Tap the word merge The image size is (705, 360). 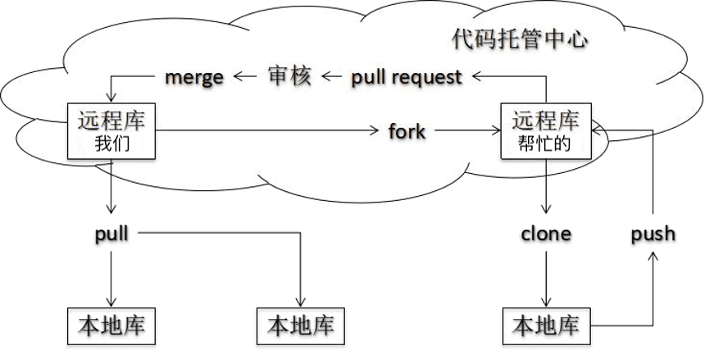click(194, 77)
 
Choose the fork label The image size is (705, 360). click(407, 130)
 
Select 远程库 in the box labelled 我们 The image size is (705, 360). click(112, 122)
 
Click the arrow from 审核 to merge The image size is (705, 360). click(244, 77)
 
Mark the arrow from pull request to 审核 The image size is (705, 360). click(332, 77)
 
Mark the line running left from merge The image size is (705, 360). click(135, 77)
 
